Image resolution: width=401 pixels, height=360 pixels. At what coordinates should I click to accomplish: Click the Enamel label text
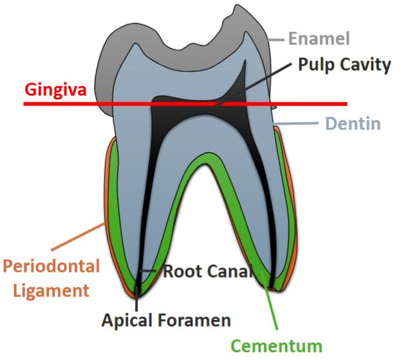(319, 39)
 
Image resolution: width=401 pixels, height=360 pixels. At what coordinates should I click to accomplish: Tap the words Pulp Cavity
(344, 65)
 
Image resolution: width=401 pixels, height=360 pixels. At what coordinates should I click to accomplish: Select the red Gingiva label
(55, 90)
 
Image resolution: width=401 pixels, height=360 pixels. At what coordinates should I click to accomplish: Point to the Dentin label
(353, 123)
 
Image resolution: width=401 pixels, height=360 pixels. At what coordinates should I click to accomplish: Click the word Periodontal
(51, 265)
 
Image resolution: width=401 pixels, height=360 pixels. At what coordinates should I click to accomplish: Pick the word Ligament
(46, 291)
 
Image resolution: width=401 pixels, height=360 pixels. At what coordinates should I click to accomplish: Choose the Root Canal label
(206, 271)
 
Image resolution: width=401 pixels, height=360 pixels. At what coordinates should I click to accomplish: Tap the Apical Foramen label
(166, 319)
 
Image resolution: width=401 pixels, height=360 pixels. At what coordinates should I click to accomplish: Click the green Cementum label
(276, 346)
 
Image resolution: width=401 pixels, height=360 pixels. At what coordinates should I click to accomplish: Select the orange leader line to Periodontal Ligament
(77, 237)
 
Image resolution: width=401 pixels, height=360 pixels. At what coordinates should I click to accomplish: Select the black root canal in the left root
(147, 212)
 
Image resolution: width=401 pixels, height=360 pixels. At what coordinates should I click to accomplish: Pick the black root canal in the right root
(268, 212)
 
